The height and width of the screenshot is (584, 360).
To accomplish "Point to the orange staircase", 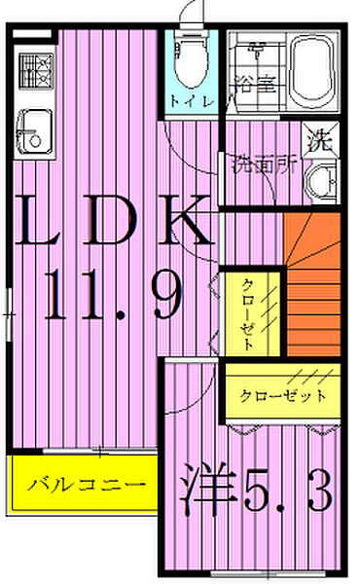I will pyautogui.click(x=312, y=282).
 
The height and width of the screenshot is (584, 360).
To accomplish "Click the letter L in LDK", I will pyautogui.click(x=50, y=223).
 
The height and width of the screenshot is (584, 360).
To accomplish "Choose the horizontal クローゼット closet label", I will pyautogui.click(x=283, y=397).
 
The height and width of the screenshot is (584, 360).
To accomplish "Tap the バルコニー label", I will pyautogui.click(x=86, y=484).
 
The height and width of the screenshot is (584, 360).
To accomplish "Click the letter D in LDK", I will pyautogui.click(x=115, y=223).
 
